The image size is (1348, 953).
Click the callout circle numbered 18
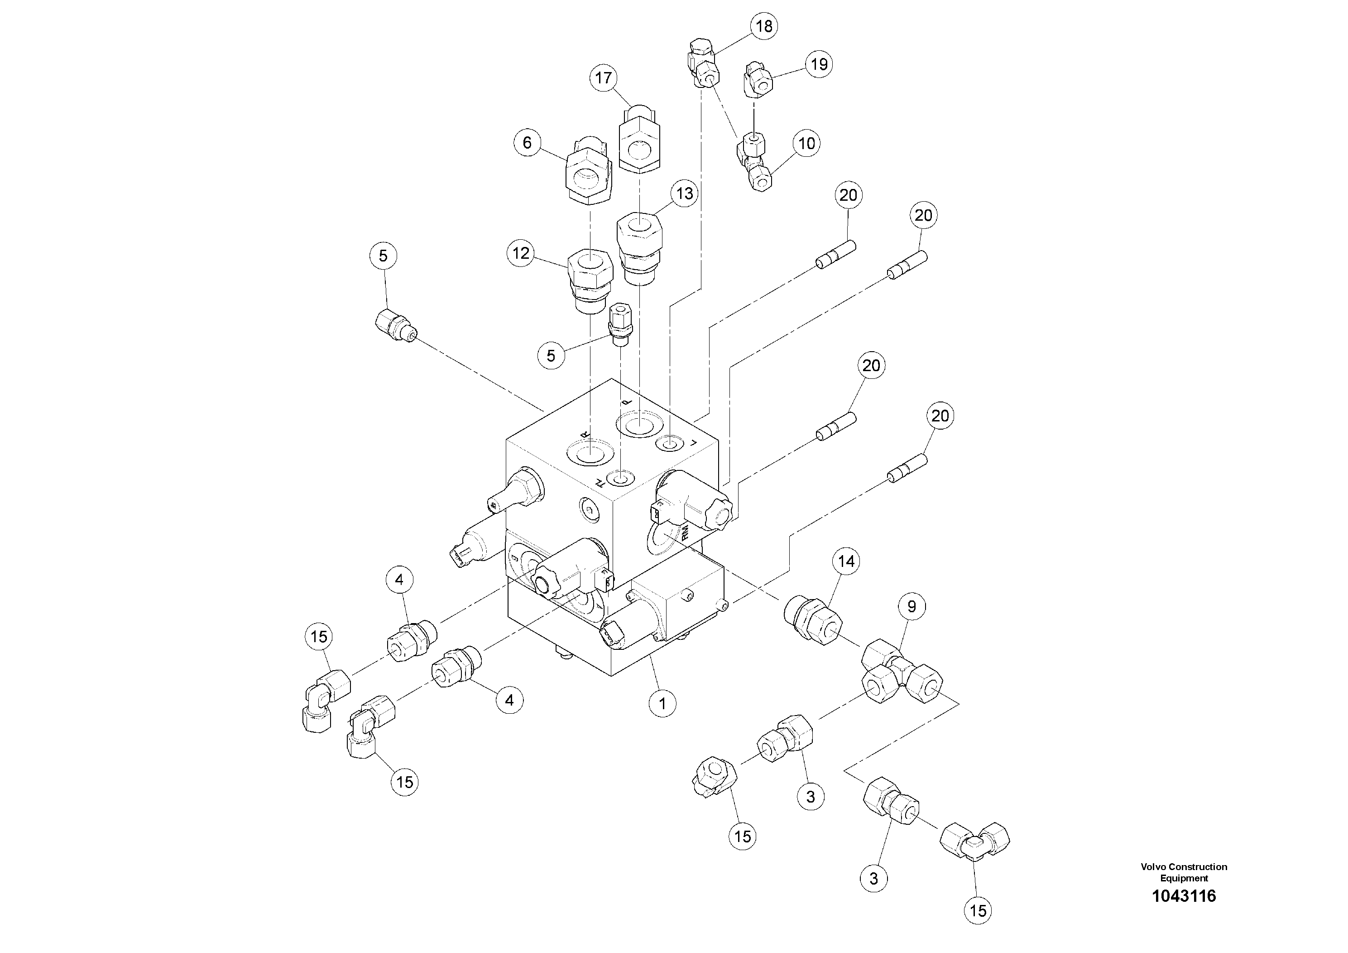(x=764, y=26)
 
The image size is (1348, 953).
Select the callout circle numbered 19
(x=819, y=64)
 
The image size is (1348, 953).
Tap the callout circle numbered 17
(x=604, y=78)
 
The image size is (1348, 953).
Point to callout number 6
(x=527, y=143)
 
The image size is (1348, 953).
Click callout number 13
(x=685, y=194)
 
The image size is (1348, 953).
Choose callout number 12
(x=521, y=253)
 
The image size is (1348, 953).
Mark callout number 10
(x=807, y=143)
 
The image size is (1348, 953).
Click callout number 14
(x=846, y=561)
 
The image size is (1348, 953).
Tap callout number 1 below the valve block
(x=662, y=703)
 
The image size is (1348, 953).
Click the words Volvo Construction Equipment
(x=1184, y=872)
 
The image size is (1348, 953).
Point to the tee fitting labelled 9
(x=901, y=672)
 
